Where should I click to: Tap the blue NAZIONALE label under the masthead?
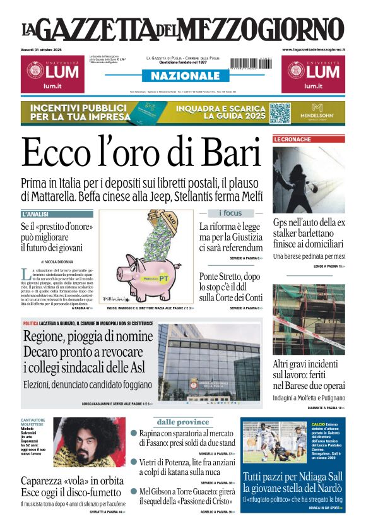(x=181, y=76)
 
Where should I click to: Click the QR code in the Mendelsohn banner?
(x=280, y=113)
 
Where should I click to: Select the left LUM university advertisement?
(x=50, y=74)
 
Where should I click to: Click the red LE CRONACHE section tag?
(x=292, y=139)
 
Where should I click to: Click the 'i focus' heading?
(x=230, y=213)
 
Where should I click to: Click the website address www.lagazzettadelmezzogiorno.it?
(x=314, y=49)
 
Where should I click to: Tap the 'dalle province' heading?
(x=183, y=422)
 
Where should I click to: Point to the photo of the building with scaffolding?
(x=309, y=320)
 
